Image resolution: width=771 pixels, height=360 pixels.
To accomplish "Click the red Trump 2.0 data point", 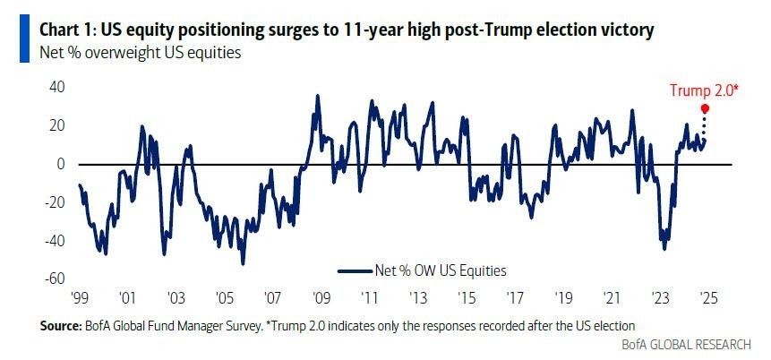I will point(705,107).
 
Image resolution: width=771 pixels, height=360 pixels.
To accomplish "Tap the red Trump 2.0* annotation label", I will point(704,90).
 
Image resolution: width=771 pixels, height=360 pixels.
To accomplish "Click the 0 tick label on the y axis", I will point(61,164).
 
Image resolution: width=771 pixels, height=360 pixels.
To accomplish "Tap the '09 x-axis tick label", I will point(320,297).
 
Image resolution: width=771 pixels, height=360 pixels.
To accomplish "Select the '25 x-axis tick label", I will point(707,297).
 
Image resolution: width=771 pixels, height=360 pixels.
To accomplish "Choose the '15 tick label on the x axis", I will point(465,297).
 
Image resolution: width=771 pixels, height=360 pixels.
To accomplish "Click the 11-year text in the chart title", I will point(366,31).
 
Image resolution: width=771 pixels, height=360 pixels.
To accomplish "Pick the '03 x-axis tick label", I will point(175,297).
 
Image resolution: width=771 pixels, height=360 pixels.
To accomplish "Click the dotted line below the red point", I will point(705,124).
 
